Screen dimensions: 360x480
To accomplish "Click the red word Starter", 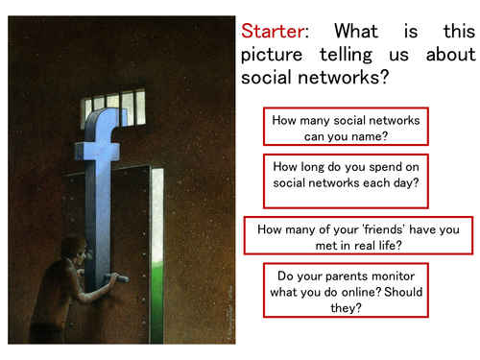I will coord(275,31).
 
